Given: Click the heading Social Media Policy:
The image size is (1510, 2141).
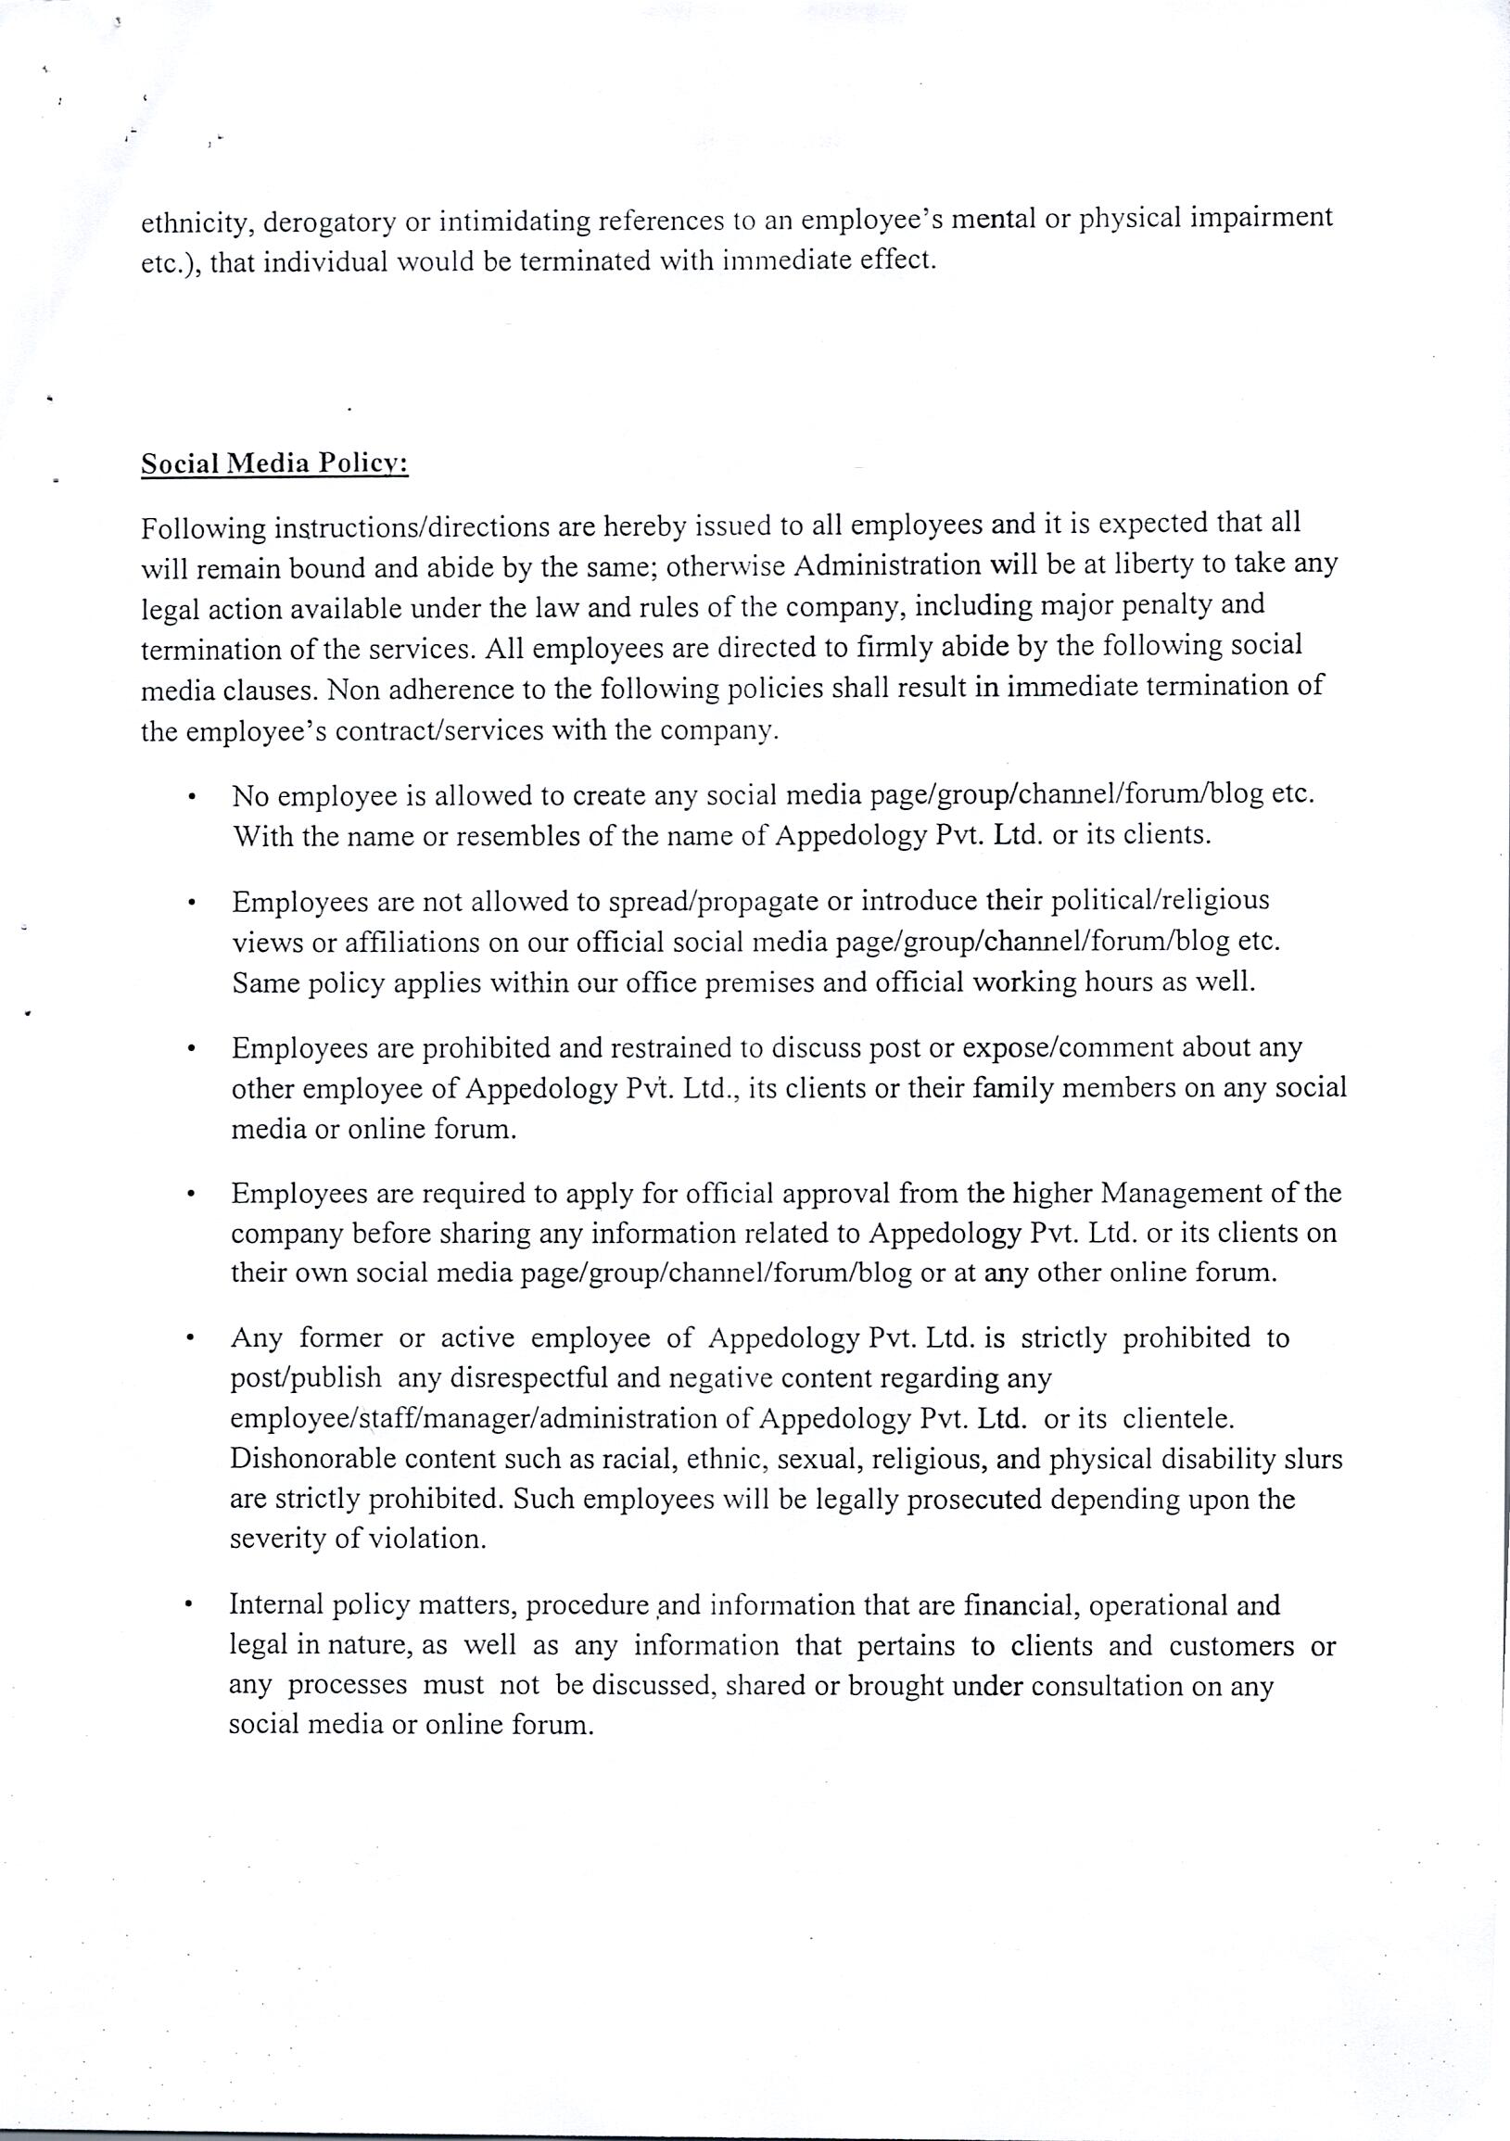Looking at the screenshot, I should pos(274,464).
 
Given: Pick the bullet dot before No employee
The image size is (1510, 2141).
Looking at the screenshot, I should pos(190,797).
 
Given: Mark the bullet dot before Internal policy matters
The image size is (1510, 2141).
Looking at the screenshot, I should pos(189,1605).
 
